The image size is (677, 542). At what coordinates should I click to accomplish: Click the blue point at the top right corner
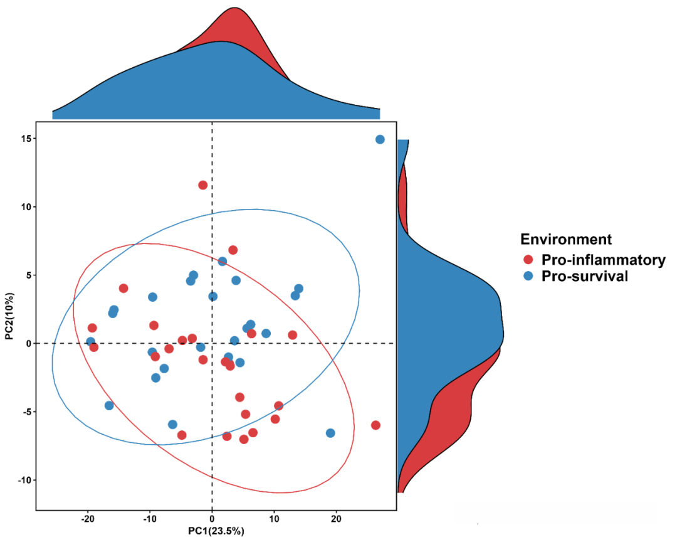[380, 139]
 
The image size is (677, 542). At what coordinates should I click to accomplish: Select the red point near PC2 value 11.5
[202, 185]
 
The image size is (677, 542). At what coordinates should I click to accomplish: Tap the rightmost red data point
[375, 425]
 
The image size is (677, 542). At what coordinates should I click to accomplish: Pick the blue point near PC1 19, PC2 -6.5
[330, 433]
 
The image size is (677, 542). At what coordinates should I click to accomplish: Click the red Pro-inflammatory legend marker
[528, 260]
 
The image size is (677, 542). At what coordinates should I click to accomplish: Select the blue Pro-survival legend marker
[528, 276]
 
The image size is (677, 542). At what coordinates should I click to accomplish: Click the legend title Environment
[566, 239]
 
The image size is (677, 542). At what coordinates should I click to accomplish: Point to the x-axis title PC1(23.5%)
[216, 531]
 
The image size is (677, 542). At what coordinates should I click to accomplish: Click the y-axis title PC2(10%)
[9, 316]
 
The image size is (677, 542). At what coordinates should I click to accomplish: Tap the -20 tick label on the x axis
[88, 519]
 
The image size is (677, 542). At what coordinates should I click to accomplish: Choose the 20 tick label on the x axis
[336, 519]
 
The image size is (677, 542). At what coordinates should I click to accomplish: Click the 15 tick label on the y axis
[24, 139]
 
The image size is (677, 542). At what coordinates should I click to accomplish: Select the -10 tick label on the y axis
[23, 480]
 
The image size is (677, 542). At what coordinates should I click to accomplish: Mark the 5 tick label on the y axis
[27, 275]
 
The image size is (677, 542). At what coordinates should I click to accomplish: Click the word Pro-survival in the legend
[584, 276]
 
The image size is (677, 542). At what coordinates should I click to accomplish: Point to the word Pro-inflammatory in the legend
[603, 260]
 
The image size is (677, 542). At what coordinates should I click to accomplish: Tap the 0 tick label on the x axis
[212, 519]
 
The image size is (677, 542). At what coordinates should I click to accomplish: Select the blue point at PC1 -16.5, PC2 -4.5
[109, 405]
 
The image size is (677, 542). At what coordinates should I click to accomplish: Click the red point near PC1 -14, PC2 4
[123, 289]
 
